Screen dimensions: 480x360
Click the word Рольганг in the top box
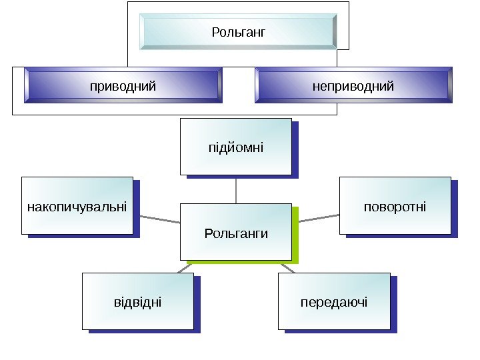click(238, 31)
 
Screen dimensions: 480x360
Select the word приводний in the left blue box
click(123, 86)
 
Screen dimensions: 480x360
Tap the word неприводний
click(353, 86)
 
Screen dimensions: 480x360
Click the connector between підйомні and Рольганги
click(236, 190)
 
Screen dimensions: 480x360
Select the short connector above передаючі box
click(287, 267)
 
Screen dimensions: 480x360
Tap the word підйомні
click(236, 147)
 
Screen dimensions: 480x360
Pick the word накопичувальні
click(77, 206)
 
